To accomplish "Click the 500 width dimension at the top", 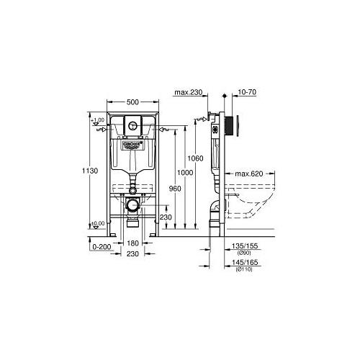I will click(x=132, y=102).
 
